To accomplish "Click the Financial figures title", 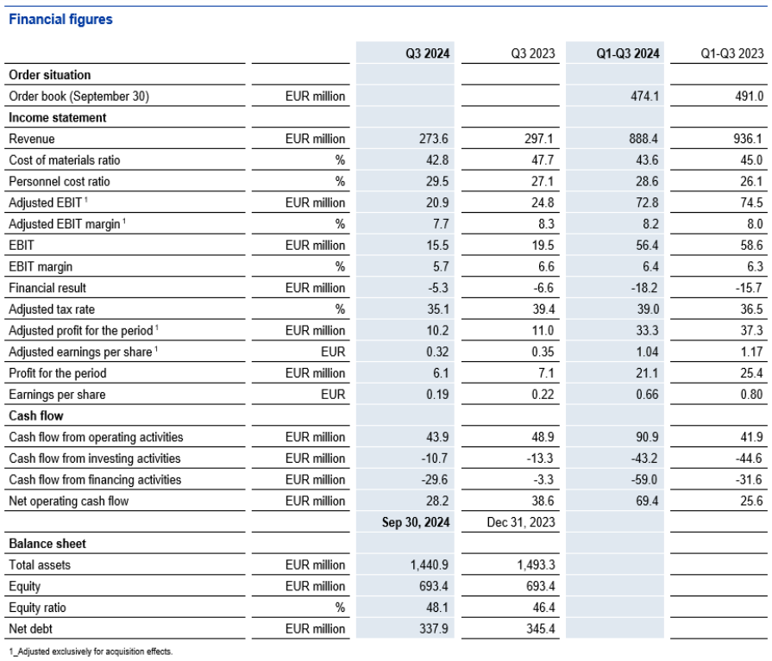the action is pos(60,19).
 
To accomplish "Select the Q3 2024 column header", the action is pos(427,53).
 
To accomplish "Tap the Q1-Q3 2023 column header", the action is pos(732,53).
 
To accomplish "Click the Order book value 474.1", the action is pos(644,96).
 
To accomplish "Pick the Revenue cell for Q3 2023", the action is pos(538,139).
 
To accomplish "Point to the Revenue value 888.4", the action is pos(643,139).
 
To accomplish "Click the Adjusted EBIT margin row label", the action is pos(67,224).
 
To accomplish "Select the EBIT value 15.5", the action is pos(437,245).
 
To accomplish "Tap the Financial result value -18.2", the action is pos(644,288).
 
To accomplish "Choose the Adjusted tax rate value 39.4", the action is pos(543,309).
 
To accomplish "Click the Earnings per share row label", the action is pos(57,395).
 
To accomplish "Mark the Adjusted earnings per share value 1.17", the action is pos(751,352).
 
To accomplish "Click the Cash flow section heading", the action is pos(36,415).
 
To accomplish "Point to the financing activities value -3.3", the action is pos(543,479).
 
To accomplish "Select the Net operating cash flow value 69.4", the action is pos(646,501).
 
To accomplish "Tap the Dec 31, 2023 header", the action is pos(521,521).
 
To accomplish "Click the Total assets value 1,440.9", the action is pos(430,564).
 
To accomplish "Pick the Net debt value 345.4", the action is pos(541,628).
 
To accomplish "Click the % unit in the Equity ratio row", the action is pos(340,608).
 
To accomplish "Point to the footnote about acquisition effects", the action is pos(91,652).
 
